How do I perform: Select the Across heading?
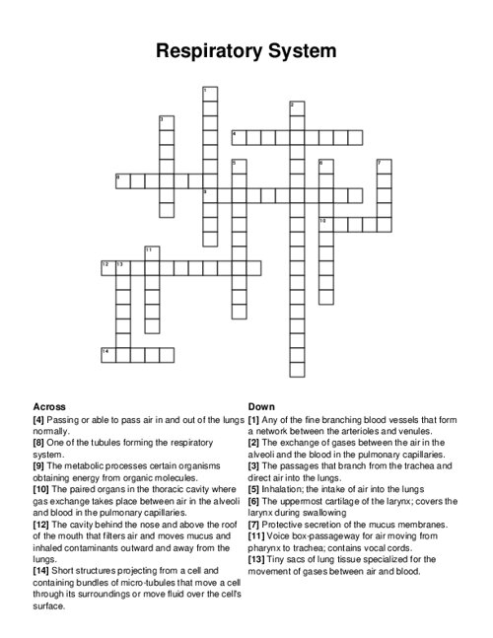click(x=49, y=406)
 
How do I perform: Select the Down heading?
click(x=261, y=406)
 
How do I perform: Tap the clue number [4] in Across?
click(x=40, y=419)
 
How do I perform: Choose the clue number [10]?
click(x=43, y=489)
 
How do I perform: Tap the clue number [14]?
click(x=43, y=571)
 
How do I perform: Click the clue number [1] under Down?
click(x=254, y=419)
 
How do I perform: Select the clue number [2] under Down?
click(x=254, y=443)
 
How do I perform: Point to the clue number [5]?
click(x=254, y=489)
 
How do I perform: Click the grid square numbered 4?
click(x=238, y=137)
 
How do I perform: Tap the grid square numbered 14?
click(x=107, y=354)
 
